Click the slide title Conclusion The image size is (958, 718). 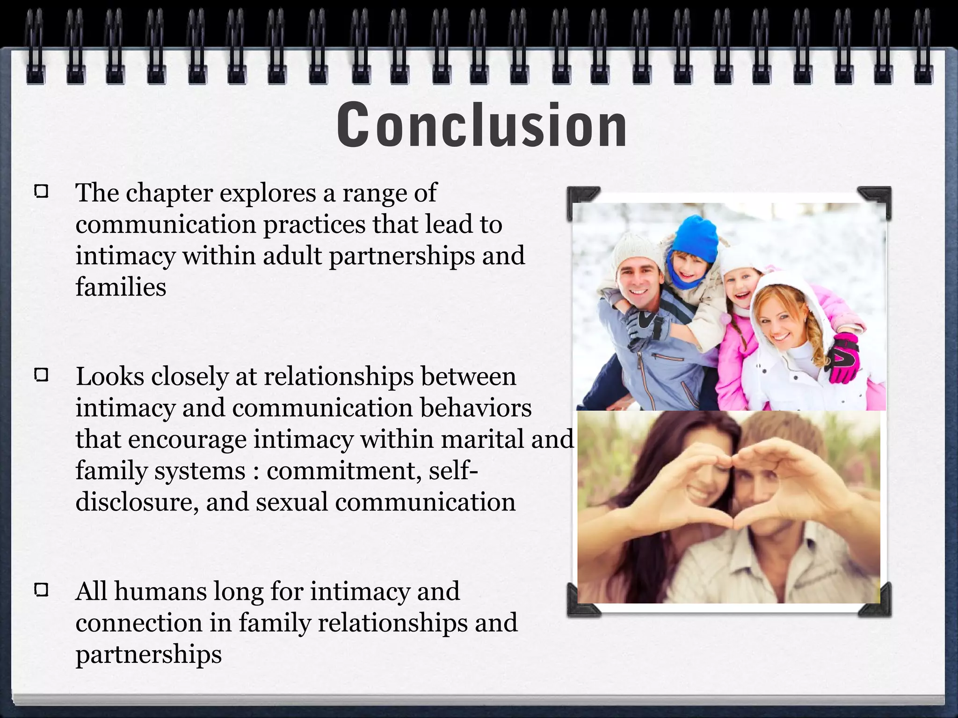click(x=482, y=125)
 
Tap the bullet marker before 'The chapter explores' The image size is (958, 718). click(x=42, y=192)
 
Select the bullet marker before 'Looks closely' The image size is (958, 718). click(x=42, y=375)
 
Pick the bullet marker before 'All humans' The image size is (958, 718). click(x=42, y=590)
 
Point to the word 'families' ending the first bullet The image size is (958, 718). click(x=121, y=287)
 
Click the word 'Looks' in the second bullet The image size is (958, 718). click(x=110, y=377)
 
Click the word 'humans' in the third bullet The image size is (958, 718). click(x=160, y=591)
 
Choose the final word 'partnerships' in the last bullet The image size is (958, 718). click(x=148, y=654)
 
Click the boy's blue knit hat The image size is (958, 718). click(x=695, y=238)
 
